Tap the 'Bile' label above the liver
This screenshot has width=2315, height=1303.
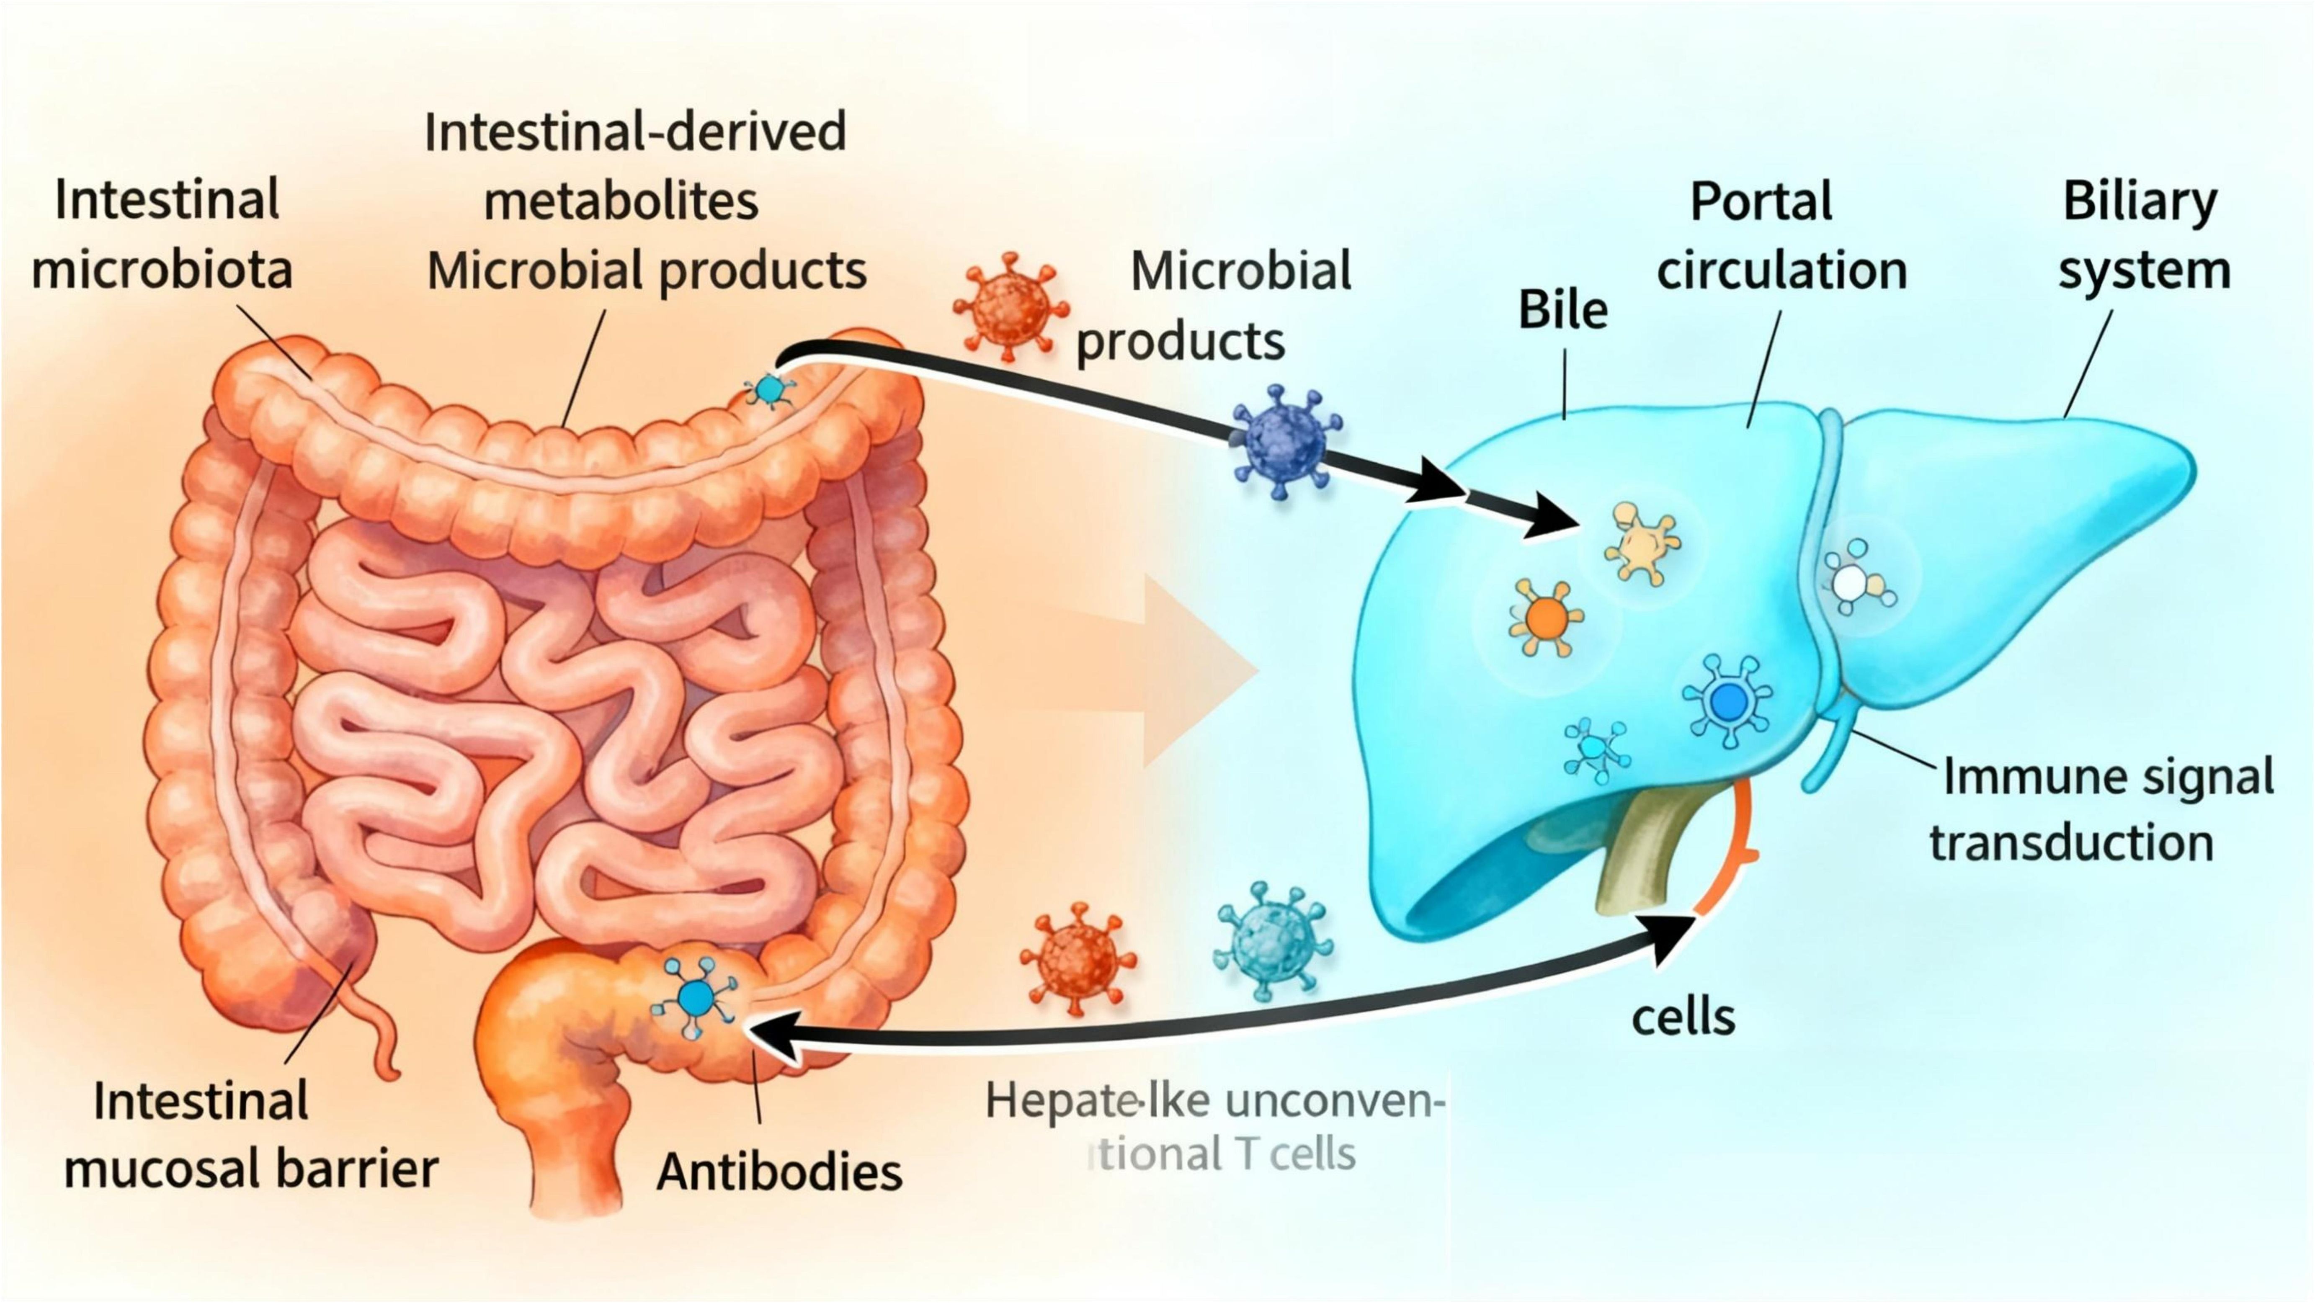point(1563,310)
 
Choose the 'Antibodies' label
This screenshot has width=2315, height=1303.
point(779,1172)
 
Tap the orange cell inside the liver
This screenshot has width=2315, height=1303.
point(1546,617)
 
